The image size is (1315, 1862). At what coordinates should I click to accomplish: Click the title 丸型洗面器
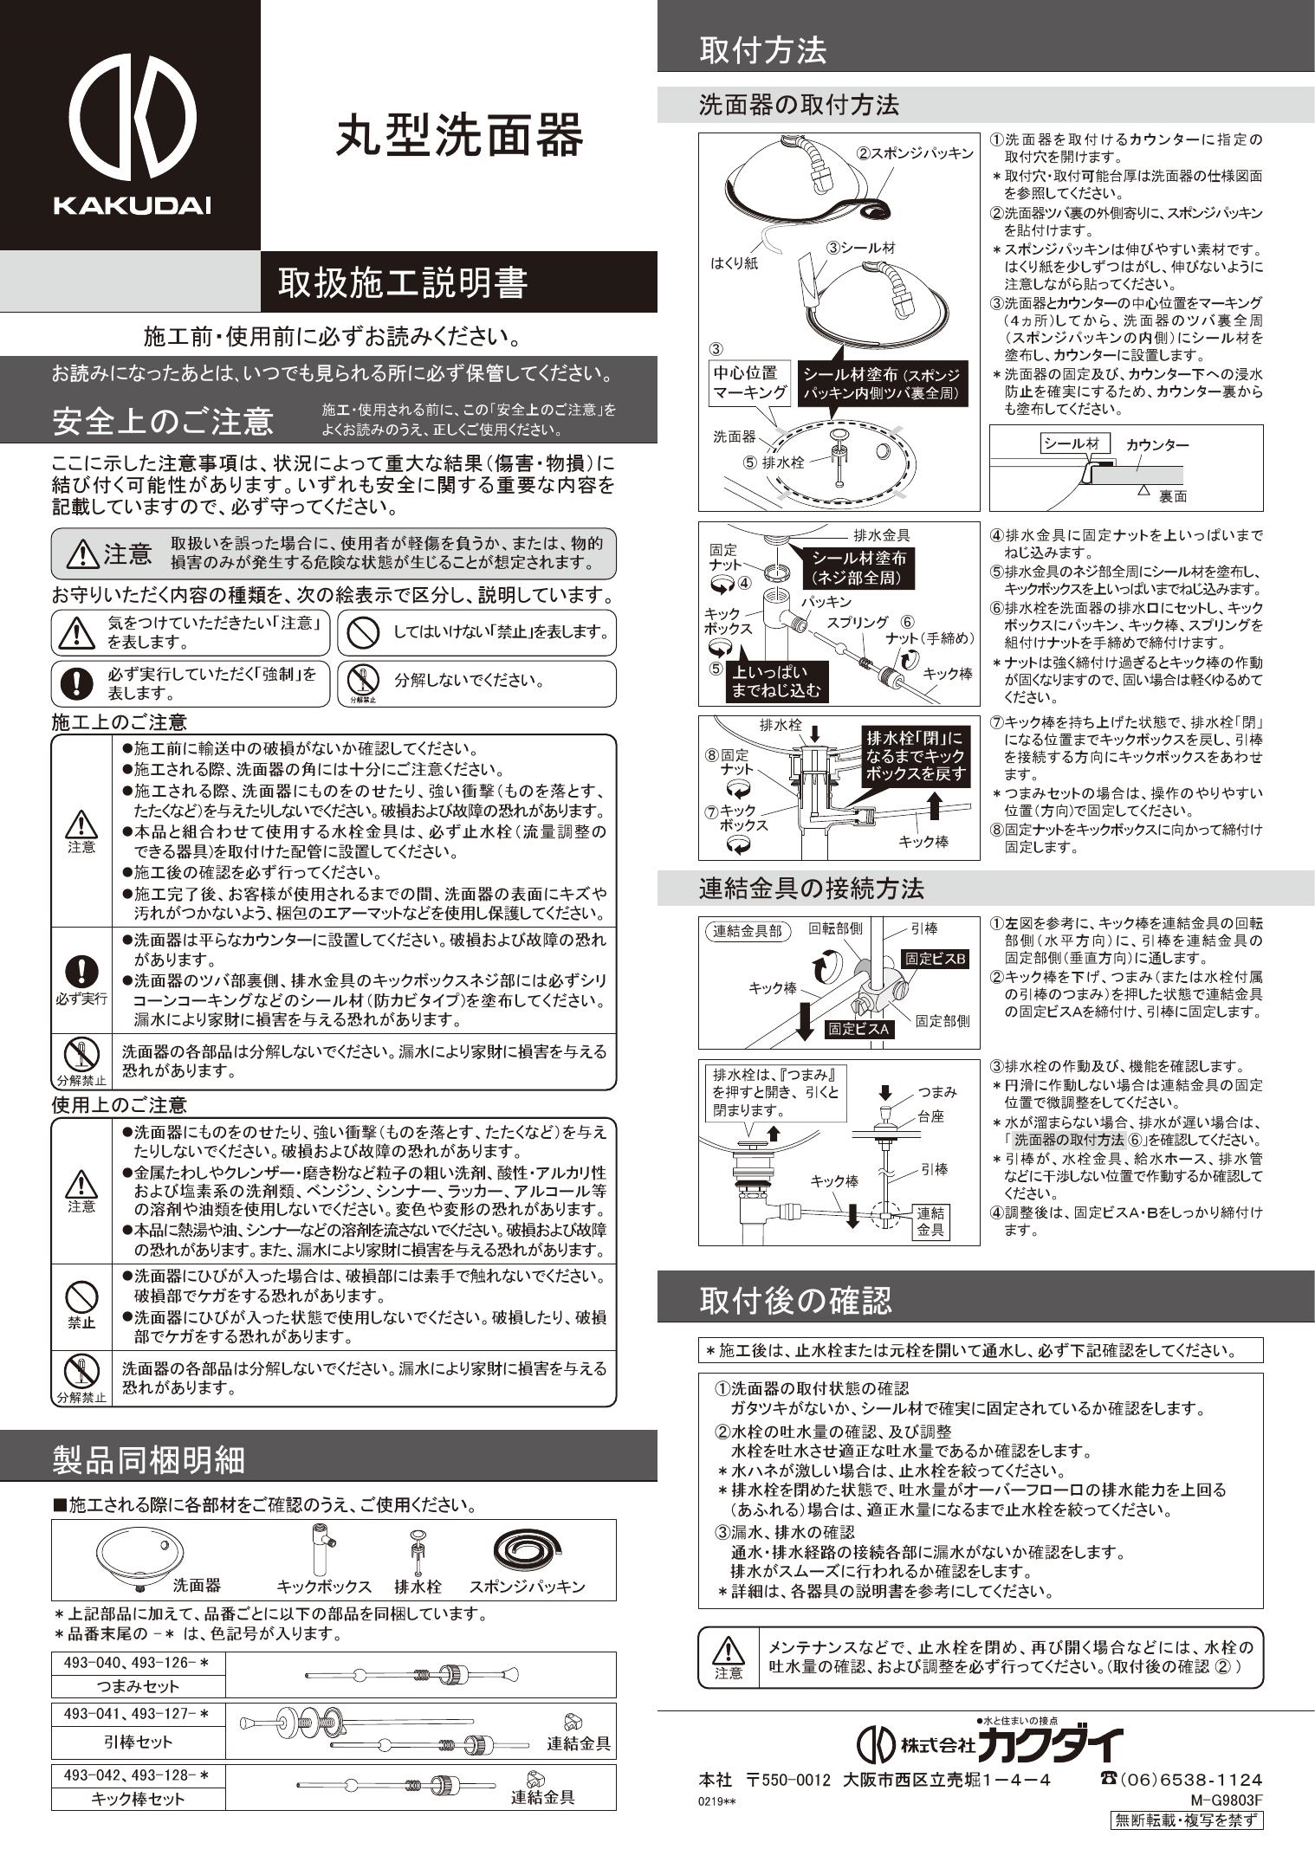coord(460,136)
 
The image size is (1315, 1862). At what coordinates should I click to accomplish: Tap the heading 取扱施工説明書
coord(403,282)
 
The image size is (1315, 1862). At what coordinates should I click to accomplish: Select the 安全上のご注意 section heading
coord(163,421)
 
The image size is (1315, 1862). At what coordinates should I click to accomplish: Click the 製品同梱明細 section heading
coord(150,1459)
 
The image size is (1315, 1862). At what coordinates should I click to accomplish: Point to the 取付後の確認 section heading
coord(795,1300)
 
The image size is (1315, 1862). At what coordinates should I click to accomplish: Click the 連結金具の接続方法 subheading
coord(812,889)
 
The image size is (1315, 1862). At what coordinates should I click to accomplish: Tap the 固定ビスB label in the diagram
coord(936,959)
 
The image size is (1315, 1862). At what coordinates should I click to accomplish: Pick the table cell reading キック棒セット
coord(139,1799)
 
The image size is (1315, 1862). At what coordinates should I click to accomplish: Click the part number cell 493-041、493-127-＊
coord(139,1714)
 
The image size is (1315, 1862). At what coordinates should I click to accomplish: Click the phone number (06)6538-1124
coord(1181,1780)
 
